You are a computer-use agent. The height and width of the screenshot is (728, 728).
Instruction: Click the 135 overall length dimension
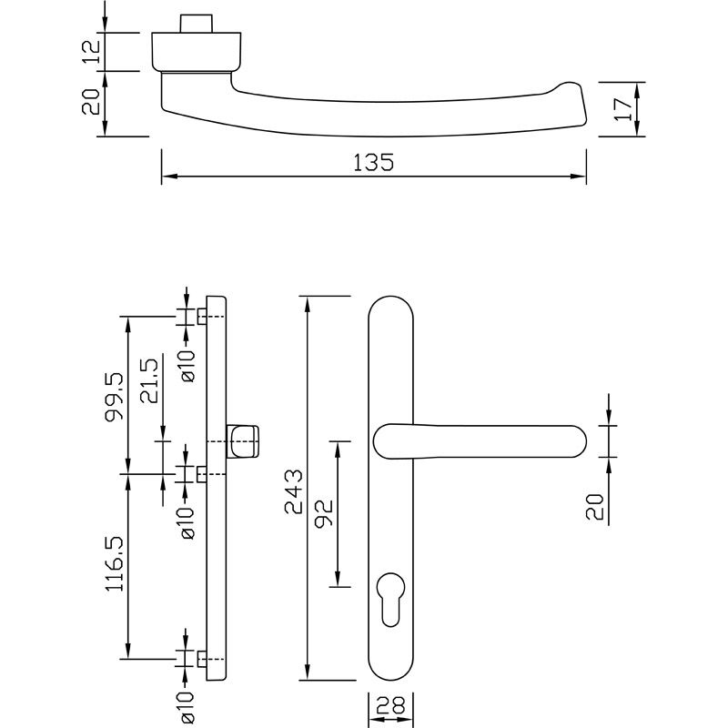tap(373, 162)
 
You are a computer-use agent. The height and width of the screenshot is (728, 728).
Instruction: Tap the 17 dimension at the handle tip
tap(622, 108)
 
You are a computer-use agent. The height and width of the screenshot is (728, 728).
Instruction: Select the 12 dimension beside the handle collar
tap(90, 51)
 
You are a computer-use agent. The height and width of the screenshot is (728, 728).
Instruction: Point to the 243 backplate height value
tap(294, 491)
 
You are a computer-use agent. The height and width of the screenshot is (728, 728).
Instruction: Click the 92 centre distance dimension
tap(325, 514)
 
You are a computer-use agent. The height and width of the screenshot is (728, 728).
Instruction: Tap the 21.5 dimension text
tap(150, 380)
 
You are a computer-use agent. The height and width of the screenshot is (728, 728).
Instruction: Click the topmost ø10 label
tap(187, 365)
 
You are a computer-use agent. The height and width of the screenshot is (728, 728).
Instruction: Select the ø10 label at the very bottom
tap(187, 706)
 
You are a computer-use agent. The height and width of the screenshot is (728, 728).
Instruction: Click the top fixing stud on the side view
tap(200, 316)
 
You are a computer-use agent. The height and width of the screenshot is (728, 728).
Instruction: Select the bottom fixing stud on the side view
tap(200, 657)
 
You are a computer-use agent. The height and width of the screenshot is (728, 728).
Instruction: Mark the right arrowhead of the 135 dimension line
tap(580, 177)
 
